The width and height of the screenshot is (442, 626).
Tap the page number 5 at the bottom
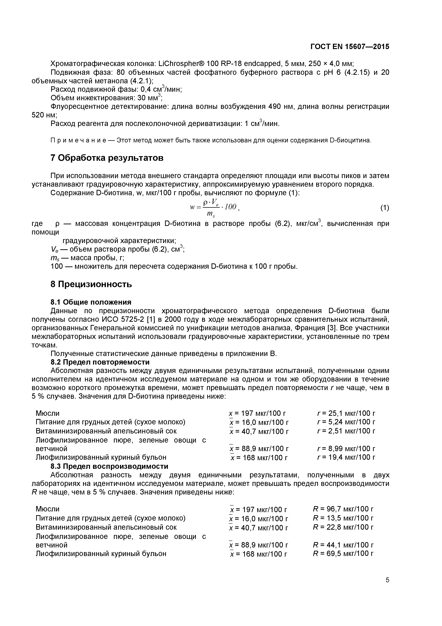pyautogui.click(x=387, y=588)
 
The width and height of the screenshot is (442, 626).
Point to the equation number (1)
pyautogui.click(x=385, y=208)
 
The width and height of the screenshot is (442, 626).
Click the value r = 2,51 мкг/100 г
pyautogui.click(x=346, y=431)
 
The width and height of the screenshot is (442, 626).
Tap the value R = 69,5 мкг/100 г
pyautogui.click(x=343, y=554)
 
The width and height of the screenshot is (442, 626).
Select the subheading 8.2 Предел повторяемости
pyautogui.click(x=100, y=362)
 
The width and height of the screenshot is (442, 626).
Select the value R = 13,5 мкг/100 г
pyautogui.click(x=343, y=518)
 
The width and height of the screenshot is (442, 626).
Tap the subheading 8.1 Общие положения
pyautogui.click(x=91, y=302)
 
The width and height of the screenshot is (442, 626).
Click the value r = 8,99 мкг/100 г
pyautogui.click(x=346, y=448)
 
